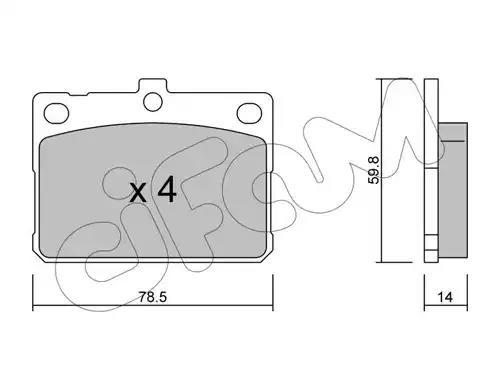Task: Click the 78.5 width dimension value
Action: click(x=152, y=297)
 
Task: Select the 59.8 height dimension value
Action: click(x=374, y=170)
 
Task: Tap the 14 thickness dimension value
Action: click(x=445, y=297)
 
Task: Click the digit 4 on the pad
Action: click(x=167, y=189)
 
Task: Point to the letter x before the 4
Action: click(x=138, y=193)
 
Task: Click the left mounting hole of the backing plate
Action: click(x=56, y=113)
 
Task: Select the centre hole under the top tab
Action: click(x=153, y=102)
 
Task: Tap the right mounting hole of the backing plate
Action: click(x=249, y=113)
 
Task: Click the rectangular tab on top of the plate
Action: click(x=153, y=86)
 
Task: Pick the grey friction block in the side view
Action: click(x=453, y=190)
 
